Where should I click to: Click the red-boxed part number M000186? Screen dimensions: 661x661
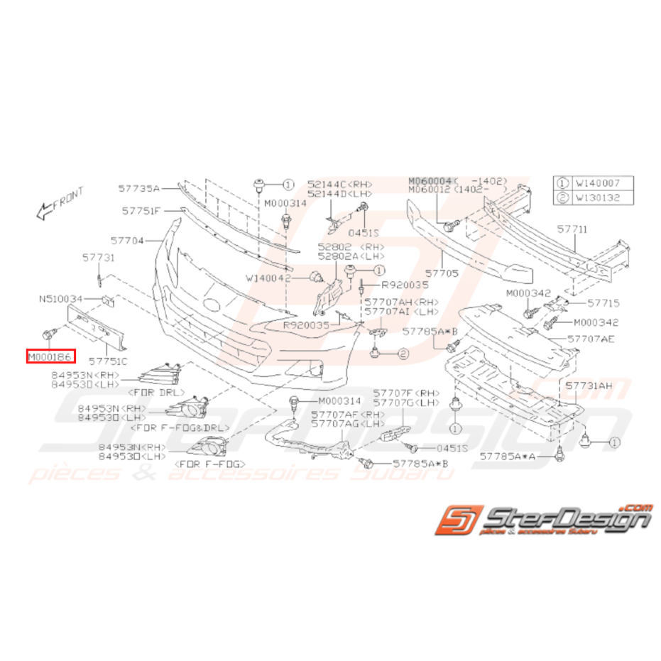tap(51, 356)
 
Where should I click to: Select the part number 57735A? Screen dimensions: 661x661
tap(139, 189)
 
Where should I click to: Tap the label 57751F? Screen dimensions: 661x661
tap(141, 211)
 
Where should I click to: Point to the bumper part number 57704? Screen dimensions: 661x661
tap(128, 241)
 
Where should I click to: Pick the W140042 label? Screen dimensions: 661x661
tap(268, 278)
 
